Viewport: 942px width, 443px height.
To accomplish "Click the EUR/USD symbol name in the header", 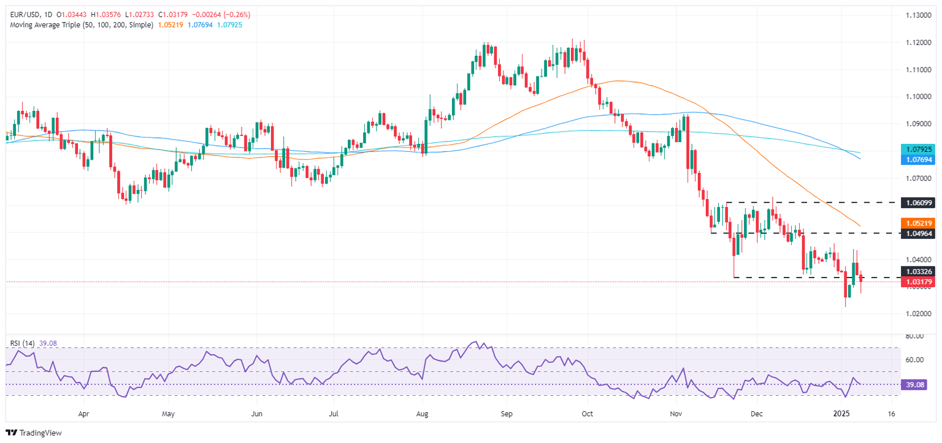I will coord(23,14).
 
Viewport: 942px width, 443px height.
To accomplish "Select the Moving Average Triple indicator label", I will coord(79,25).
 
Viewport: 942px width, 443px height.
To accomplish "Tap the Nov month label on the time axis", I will coord(676,414).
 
